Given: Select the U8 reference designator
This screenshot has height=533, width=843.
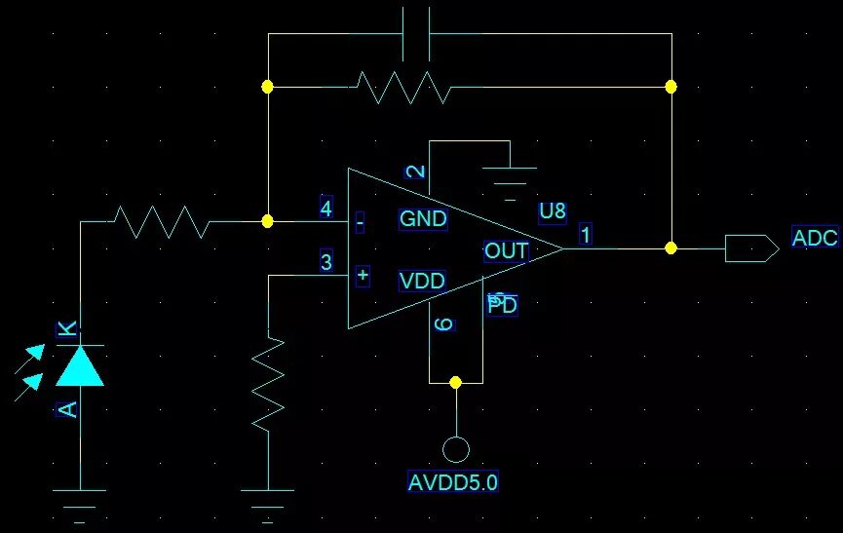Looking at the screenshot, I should click(x=552, y=211).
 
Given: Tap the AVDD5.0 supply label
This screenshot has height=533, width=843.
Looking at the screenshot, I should click(x=453, y=481).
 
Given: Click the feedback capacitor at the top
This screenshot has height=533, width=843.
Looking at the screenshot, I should click(x=416, y=34).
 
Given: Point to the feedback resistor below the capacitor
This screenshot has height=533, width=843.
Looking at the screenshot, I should click(x=403, y=87).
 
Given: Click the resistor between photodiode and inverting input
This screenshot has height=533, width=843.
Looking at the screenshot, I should click(x=162, y=221).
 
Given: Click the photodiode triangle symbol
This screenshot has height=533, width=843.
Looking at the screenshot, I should click(x=80, y=364).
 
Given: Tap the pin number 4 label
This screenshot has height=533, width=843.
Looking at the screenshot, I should click(x=326, y=208).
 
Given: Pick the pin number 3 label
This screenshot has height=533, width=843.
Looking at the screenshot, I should click(x=326, y=262).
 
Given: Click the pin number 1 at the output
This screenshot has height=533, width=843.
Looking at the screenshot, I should click(x=585, y=234).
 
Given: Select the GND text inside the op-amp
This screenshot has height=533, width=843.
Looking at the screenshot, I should click(x=423, y=219).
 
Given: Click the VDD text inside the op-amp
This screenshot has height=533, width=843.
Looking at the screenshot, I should click(x=422, y=282).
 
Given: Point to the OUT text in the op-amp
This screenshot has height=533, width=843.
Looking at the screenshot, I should click(x=506, y=251).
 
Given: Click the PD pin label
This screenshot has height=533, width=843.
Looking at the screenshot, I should click(x=503, y=305).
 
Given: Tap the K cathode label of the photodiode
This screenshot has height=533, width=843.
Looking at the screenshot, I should click(x=67, y=329).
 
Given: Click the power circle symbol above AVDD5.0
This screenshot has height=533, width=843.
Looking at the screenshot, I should click(x=455, y=449).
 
